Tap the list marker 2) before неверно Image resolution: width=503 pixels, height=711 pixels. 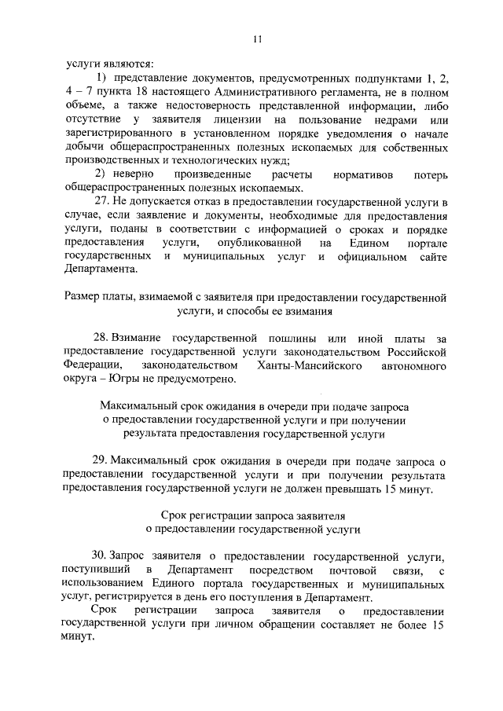[x=101, y=173]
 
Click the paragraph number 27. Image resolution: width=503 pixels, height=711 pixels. [x=101, y=201]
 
